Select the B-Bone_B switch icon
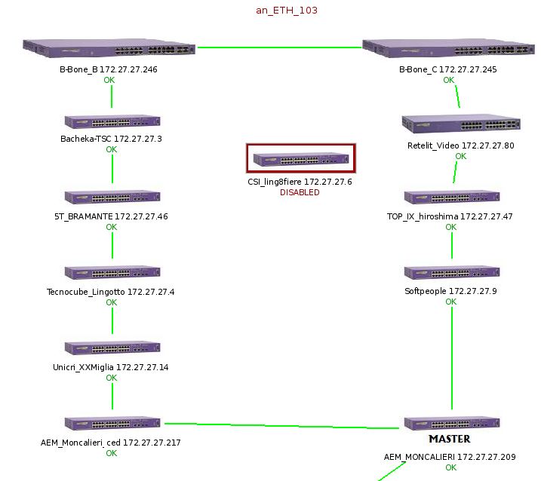(109, 49)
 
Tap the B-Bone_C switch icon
(449, 49)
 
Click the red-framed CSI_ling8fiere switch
(301, 159)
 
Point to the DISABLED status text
(300, 192)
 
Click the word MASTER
(449, 439)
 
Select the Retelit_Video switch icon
(460, 124)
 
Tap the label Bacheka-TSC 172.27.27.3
(111, 139)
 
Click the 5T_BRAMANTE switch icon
(112, 197)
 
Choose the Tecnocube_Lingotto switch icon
(112, 272)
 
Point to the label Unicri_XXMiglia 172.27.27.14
(111, 367)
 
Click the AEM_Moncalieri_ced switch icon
(112, 424)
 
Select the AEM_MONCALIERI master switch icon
(451, 423)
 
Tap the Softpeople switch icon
(451, 272)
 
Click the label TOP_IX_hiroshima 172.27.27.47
(450, 216)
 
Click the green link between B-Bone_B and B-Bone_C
(279, 47)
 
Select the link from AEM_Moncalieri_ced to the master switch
(281, 426)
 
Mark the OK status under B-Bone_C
(448, 80)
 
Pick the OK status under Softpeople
(450, 302)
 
